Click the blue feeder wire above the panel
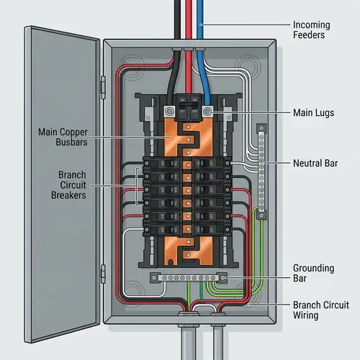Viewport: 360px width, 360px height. pos(203,18)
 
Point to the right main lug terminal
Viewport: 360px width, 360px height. pos(207,112)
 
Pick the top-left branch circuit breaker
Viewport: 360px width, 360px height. pos(159,164)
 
